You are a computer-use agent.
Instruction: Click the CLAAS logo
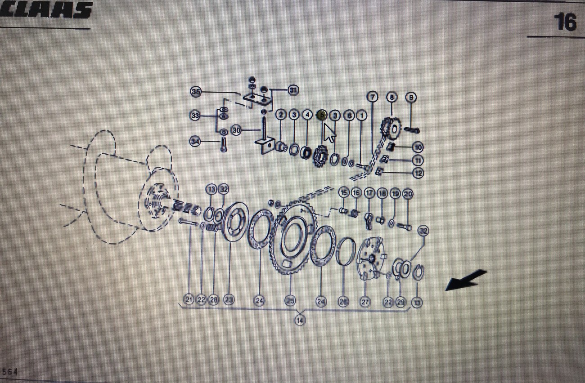[x=45, y=10]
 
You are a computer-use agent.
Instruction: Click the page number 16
[x=564, y=21]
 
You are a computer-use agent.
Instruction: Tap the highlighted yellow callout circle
[x=321, y=115]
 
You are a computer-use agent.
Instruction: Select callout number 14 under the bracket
[x=300, y=320]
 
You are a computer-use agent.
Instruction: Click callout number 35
[x=195, y=92]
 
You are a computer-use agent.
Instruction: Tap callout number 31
[x=293, y=90]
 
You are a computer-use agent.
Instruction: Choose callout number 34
[x=195, y=142]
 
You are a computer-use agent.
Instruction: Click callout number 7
[x=372, y=96]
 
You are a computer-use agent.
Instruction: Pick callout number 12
[x=418, y=172]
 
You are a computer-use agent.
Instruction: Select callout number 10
[x=418, y=147]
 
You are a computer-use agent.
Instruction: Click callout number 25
[x=291, y=301]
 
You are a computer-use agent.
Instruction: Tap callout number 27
[x=365, y=302]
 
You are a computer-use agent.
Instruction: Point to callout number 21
[x=189, y=300]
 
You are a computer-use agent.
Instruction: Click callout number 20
[x=408, y=193]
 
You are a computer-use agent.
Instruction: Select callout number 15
[x=344, y=193]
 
